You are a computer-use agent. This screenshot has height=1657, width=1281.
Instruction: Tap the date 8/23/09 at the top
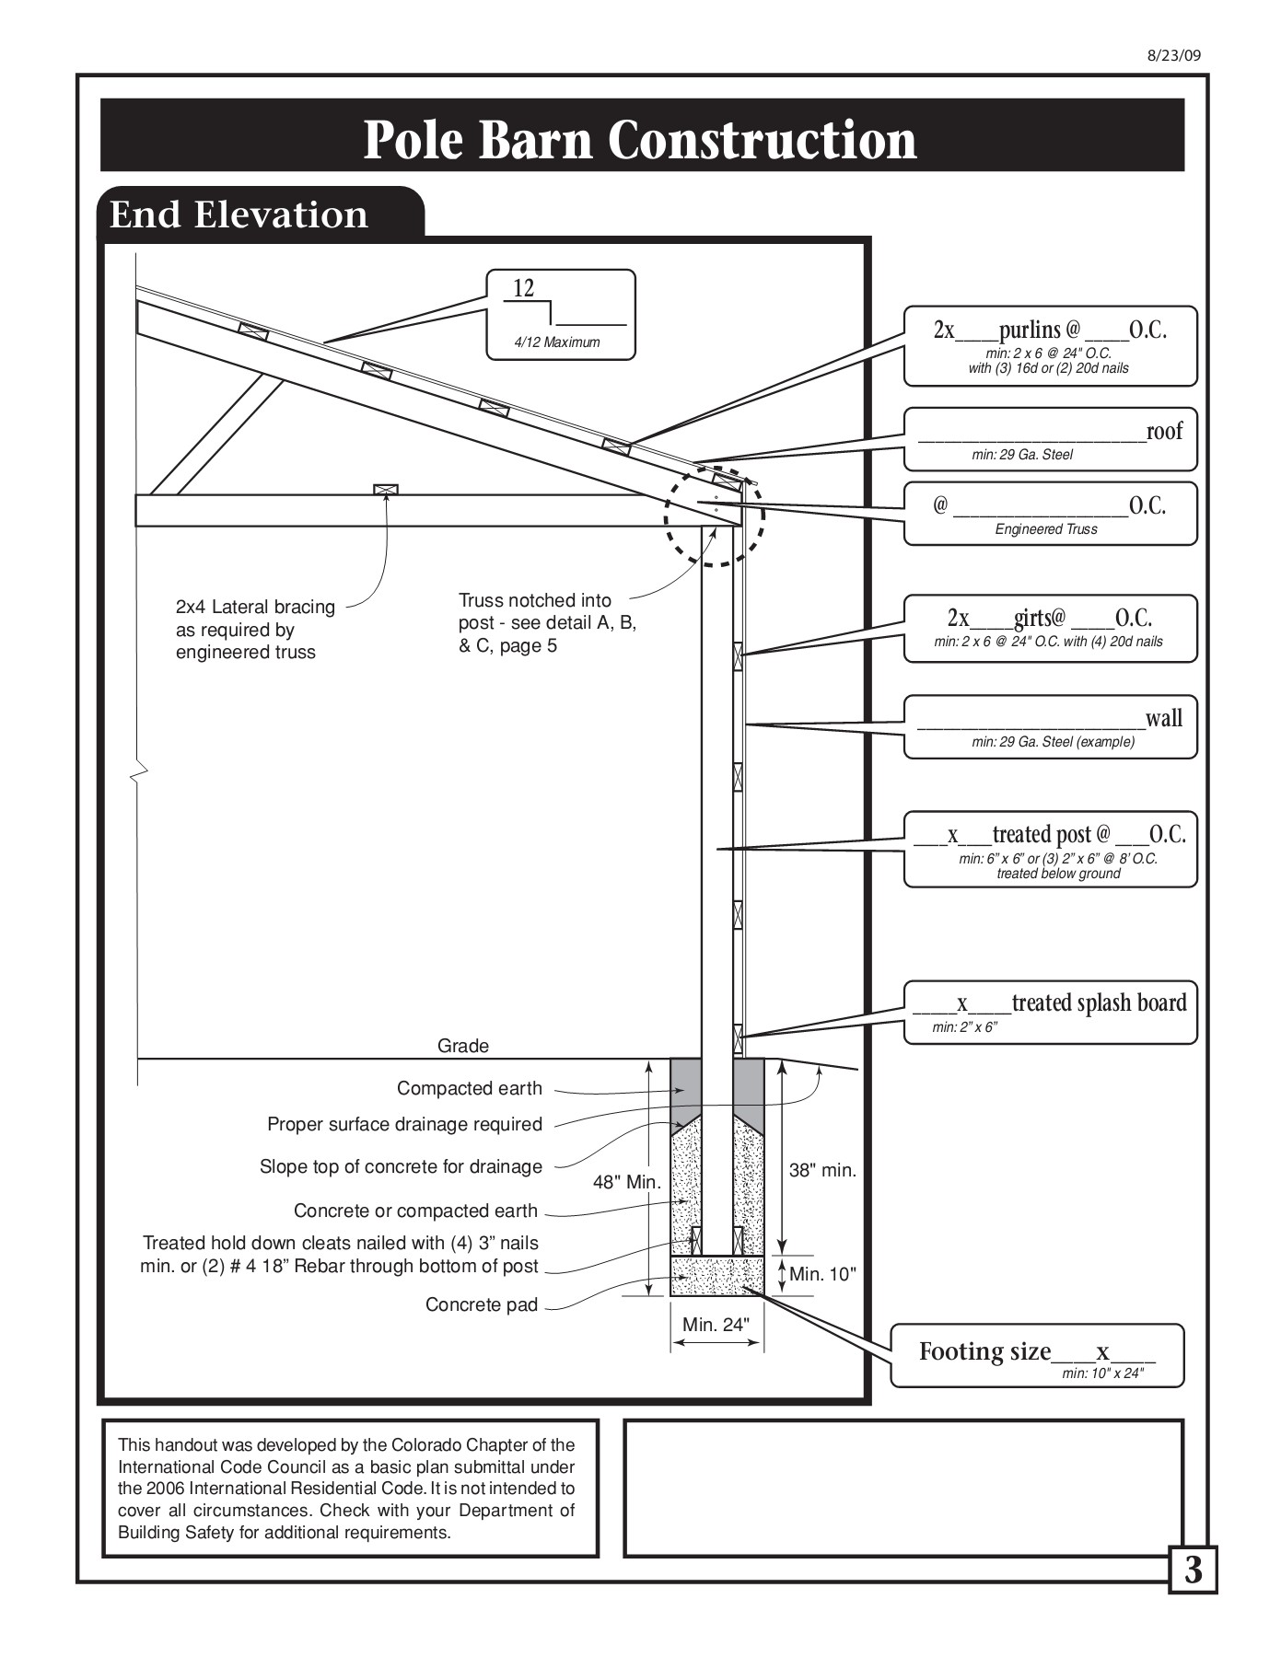pos(1174,54)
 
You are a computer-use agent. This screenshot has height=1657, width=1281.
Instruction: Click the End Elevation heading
pos(239,214)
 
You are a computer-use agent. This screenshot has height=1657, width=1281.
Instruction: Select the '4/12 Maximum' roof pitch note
pos(556,342)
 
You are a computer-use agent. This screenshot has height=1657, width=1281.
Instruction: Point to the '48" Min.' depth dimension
pos(627,1182)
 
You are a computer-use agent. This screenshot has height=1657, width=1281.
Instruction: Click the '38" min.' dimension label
pos(823,1170)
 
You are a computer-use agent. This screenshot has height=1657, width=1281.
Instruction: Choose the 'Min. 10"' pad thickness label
pos(823,1274)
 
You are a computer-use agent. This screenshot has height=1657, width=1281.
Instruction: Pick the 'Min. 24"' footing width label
pos(716,1325)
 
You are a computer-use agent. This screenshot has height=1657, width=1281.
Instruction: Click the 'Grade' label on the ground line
pos(463,1046)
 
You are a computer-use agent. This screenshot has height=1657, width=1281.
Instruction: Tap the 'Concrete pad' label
pos(482,1304)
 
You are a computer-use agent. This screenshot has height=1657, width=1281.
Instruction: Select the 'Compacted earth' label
pos(470,1088)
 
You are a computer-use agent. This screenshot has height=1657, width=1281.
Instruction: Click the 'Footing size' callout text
pos(985,1351)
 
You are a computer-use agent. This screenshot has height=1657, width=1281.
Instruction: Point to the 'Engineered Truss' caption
pos(1046,529)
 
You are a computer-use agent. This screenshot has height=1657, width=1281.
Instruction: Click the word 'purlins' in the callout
pos(1030,330)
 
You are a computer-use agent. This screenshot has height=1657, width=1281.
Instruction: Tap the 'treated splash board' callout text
pos(1099,1002)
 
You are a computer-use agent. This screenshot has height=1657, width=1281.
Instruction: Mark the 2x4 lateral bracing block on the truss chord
pos(386,490)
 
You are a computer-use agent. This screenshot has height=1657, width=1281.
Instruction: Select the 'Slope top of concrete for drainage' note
pos(401,1167)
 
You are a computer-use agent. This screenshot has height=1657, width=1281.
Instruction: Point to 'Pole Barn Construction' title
pos(640,139)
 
